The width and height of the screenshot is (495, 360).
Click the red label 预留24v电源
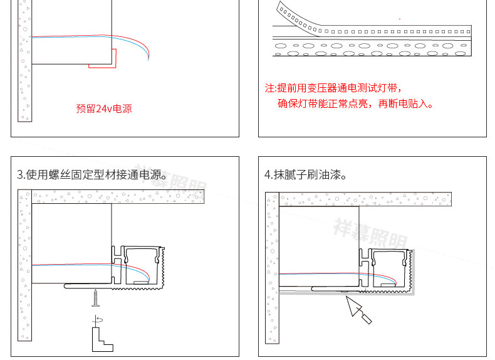click(x=104, y=109)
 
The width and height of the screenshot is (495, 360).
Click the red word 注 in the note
click(x=270, y=88)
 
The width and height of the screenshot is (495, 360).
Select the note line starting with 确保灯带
click(x=355, y=103)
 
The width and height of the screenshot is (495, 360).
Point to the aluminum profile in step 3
click(x=141, y=267)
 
